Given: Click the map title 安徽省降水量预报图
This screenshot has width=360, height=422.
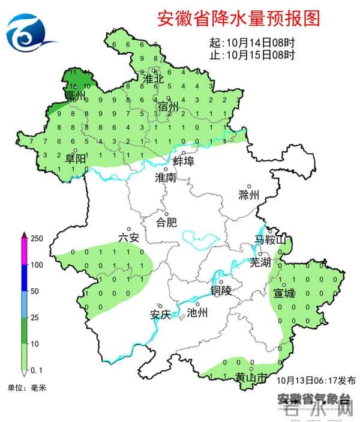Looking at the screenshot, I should point(238,18).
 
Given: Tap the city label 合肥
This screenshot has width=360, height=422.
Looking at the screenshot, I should point(167,222).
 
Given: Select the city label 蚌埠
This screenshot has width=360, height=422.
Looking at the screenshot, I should point(183,161).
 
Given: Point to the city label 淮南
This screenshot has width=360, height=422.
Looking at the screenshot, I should point(165,178).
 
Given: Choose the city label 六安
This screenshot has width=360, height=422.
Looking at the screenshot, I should point(128,238).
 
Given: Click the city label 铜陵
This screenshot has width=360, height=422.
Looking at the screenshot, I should point(221,291).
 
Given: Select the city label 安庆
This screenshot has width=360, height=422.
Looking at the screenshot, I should point(160,314).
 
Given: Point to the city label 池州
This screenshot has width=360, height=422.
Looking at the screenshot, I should point(197,312).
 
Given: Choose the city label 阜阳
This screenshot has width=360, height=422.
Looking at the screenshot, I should point(76,159).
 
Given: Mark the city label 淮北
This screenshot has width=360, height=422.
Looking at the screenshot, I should point(154,79).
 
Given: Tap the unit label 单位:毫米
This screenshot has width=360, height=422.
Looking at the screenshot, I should point(26,388).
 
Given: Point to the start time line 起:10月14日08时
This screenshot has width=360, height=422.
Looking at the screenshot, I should point(252,44).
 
